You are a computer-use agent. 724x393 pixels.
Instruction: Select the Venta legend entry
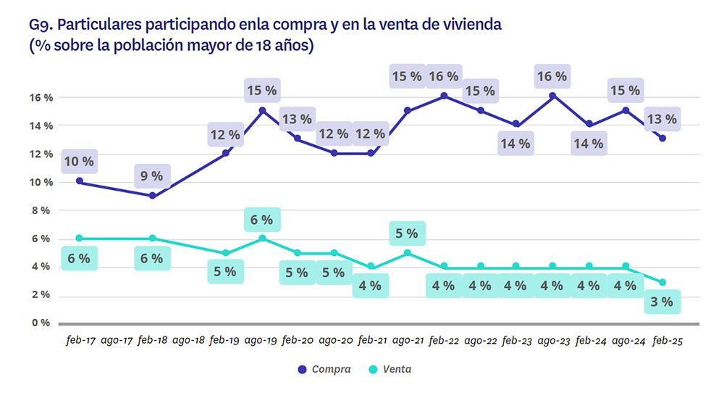pyautogui.click(x=394, y=369)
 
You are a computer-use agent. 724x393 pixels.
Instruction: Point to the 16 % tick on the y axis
pyautogui.click(x=41, y=97)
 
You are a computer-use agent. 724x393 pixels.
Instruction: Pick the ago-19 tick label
pyautogui.click(x=261, y=339)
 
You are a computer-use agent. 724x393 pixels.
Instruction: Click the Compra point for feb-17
pyautogui.click(x=79, y=181)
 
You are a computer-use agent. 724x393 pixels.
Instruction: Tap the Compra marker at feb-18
pyautogui.click(x=152, y=196)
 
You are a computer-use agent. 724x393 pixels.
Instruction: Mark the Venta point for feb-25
pyautogui.click(x=662, y=282)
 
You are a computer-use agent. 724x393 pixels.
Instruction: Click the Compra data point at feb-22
pyautogui.click(x=444, y=96)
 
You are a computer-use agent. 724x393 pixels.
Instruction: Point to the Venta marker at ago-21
pyautogui.click(x=408, y=253)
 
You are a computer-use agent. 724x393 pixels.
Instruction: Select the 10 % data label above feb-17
pyautogui.click(x=78, y=160)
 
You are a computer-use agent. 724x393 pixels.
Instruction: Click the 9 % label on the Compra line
pyautogui.click(x=152, y=175)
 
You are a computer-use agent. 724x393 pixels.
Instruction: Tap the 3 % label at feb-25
pyautogui.click(x=662, y=302)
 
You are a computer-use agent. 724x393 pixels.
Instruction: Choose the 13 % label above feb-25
pyautogui.click(x=662, y=118)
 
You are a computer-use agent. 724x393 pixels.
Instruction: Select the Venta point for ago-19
pyautogui.click(x=262, y=238)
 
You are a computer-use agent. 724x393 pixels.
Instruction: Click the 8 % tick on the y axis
pyautogui.click(x=43, y=210)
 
